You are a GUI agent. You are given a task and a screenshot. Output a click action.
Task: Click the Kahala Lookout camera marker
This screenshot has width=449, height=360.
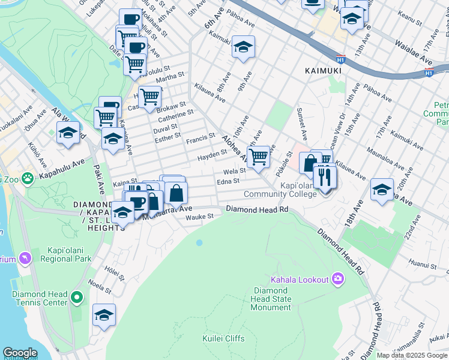[x=337, y=279]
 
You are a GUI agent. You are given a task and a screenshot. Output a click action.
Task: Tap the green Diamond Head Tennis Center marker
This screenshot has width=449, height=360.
[x=76, y=298]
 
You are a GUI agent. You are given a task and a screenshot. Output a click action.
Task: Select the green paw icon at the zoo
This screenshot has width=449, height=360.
[x=27, y=178]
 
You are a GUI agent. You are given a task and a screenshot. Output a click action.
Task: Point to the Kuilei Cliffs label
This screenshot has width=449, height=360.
[x=223, y=338]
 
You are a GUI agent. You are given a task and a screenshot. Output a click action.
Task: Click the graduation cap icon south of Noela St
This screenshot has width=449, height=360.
[x=104, y=315]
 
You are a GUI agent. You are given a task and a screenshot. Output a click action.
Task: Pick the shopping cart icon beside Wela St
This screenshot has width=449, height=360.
[x=258, y=157]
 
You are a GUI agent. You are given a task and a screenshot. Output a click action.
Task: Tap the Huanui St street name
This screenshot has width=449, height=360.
[x=421, y=263]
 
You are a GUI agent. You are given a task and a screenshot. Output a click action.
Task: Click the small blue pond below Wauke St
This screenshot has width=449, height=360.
[x=199, y=243]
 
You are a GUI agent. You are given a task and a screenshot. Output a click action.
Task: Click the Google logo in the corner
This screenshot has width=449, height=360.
[x=20, y=353]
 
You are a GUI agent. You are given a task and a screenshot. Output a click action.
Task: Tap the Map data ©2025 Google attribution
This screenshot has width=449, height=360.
[x=411, y=355]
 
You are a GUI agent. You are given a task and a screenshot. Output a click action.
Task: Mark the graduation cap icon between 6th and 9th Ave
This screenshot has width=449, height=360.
[x=243, y=47]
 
